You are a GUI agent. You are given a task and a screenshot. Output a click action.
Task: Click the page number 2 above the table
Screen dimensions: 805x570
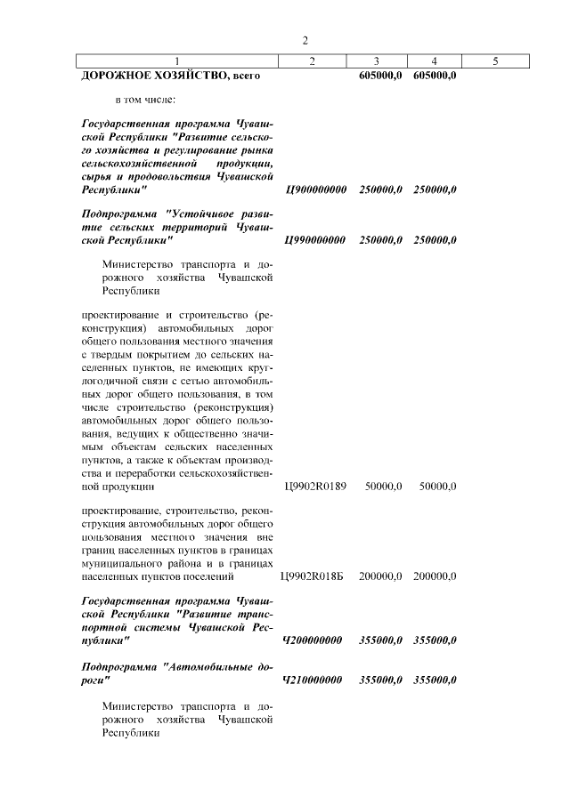pos(305,41)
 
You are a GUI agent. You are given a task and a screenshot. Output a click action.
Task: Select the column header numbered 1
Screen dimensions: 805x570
pos(177,61)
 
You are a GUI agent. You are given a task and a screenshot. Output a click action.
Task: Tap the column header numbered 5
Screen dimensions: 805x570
pos(495,61)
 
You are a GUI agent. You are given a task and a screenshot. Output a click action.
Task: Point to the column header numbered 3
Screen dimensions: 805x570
pos(377,61)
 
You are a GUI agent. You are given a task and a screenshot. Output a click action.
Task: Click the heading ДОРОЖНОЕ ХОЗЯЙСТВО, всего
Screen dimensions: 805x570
pos(170,76)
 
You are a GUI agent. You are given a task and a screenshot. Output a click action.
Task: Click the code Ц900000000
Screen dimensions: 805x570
pos(315,189)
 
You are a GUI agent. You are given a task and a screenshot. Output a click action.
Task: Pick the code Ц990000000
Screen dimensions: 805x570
pos(315,240)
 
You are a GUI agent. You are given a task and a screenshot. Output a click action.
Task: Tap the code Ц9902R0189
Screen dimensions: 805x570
pos(315,487)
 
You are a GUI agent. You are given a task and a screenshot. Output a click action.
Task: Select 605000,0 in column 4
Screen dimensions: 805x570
pos(435,76)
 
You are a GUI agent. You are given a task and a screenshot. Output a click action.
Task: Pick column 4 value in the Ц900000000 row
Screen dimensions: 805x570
pos(435,189)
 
